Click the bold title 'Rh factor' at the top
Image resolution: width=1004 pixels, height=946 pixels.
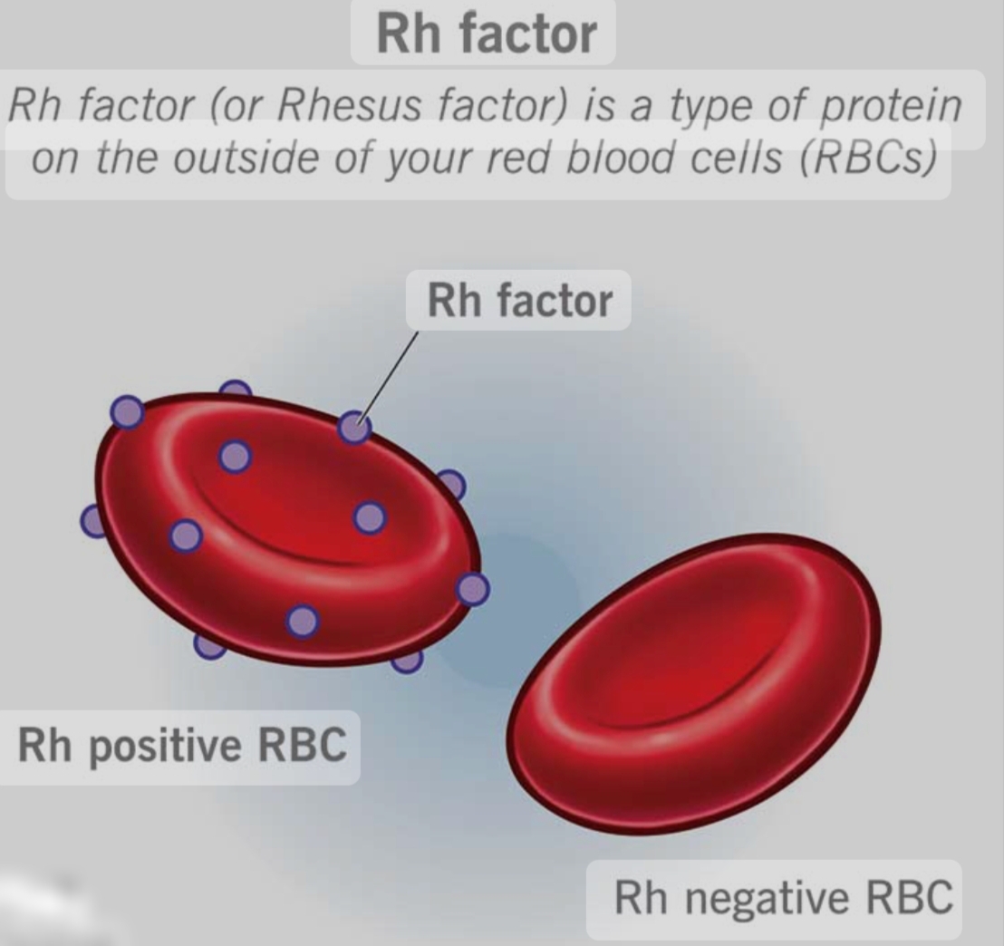[x=487, y=34]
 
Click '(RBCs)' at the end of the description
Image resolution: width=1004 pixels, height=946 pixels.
[x=868, y=158]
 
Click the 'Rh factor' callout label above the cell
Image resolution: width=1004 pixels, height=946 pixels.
[x=519, y=301]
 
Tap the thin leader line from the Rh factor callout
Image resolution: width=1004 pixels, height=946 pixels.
[x=389, y=377]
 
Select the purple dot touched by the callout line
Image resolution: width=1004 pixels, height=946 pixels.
[x=354, y=427]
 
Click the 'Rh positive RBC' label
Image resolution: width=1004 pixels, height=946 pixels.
[x=182, y=746]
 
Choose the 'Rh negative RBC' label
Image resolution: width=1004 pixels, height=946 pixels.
[x=784, y=898]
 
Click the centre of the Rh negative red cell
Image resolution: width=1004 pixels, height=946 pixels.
[x=694, y=683]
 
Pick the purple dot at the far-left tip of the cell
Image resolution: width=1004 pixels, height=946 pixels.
[x=92, y=521]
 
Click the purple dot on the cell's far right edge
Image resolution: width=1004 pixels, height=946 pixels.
[x=473, y=589]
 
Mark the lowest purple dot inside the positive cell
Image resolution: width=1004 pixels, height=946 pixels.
[x=303, y=622]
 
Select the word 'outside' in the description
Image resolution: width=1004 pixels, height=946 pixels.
[x=246, y=157]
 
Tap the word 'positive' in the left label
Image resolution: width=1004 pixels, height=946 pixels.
[x=165, y=748]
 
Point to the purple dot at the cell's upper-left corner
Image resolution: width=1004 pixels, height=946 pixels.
[x=128, y=411]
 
